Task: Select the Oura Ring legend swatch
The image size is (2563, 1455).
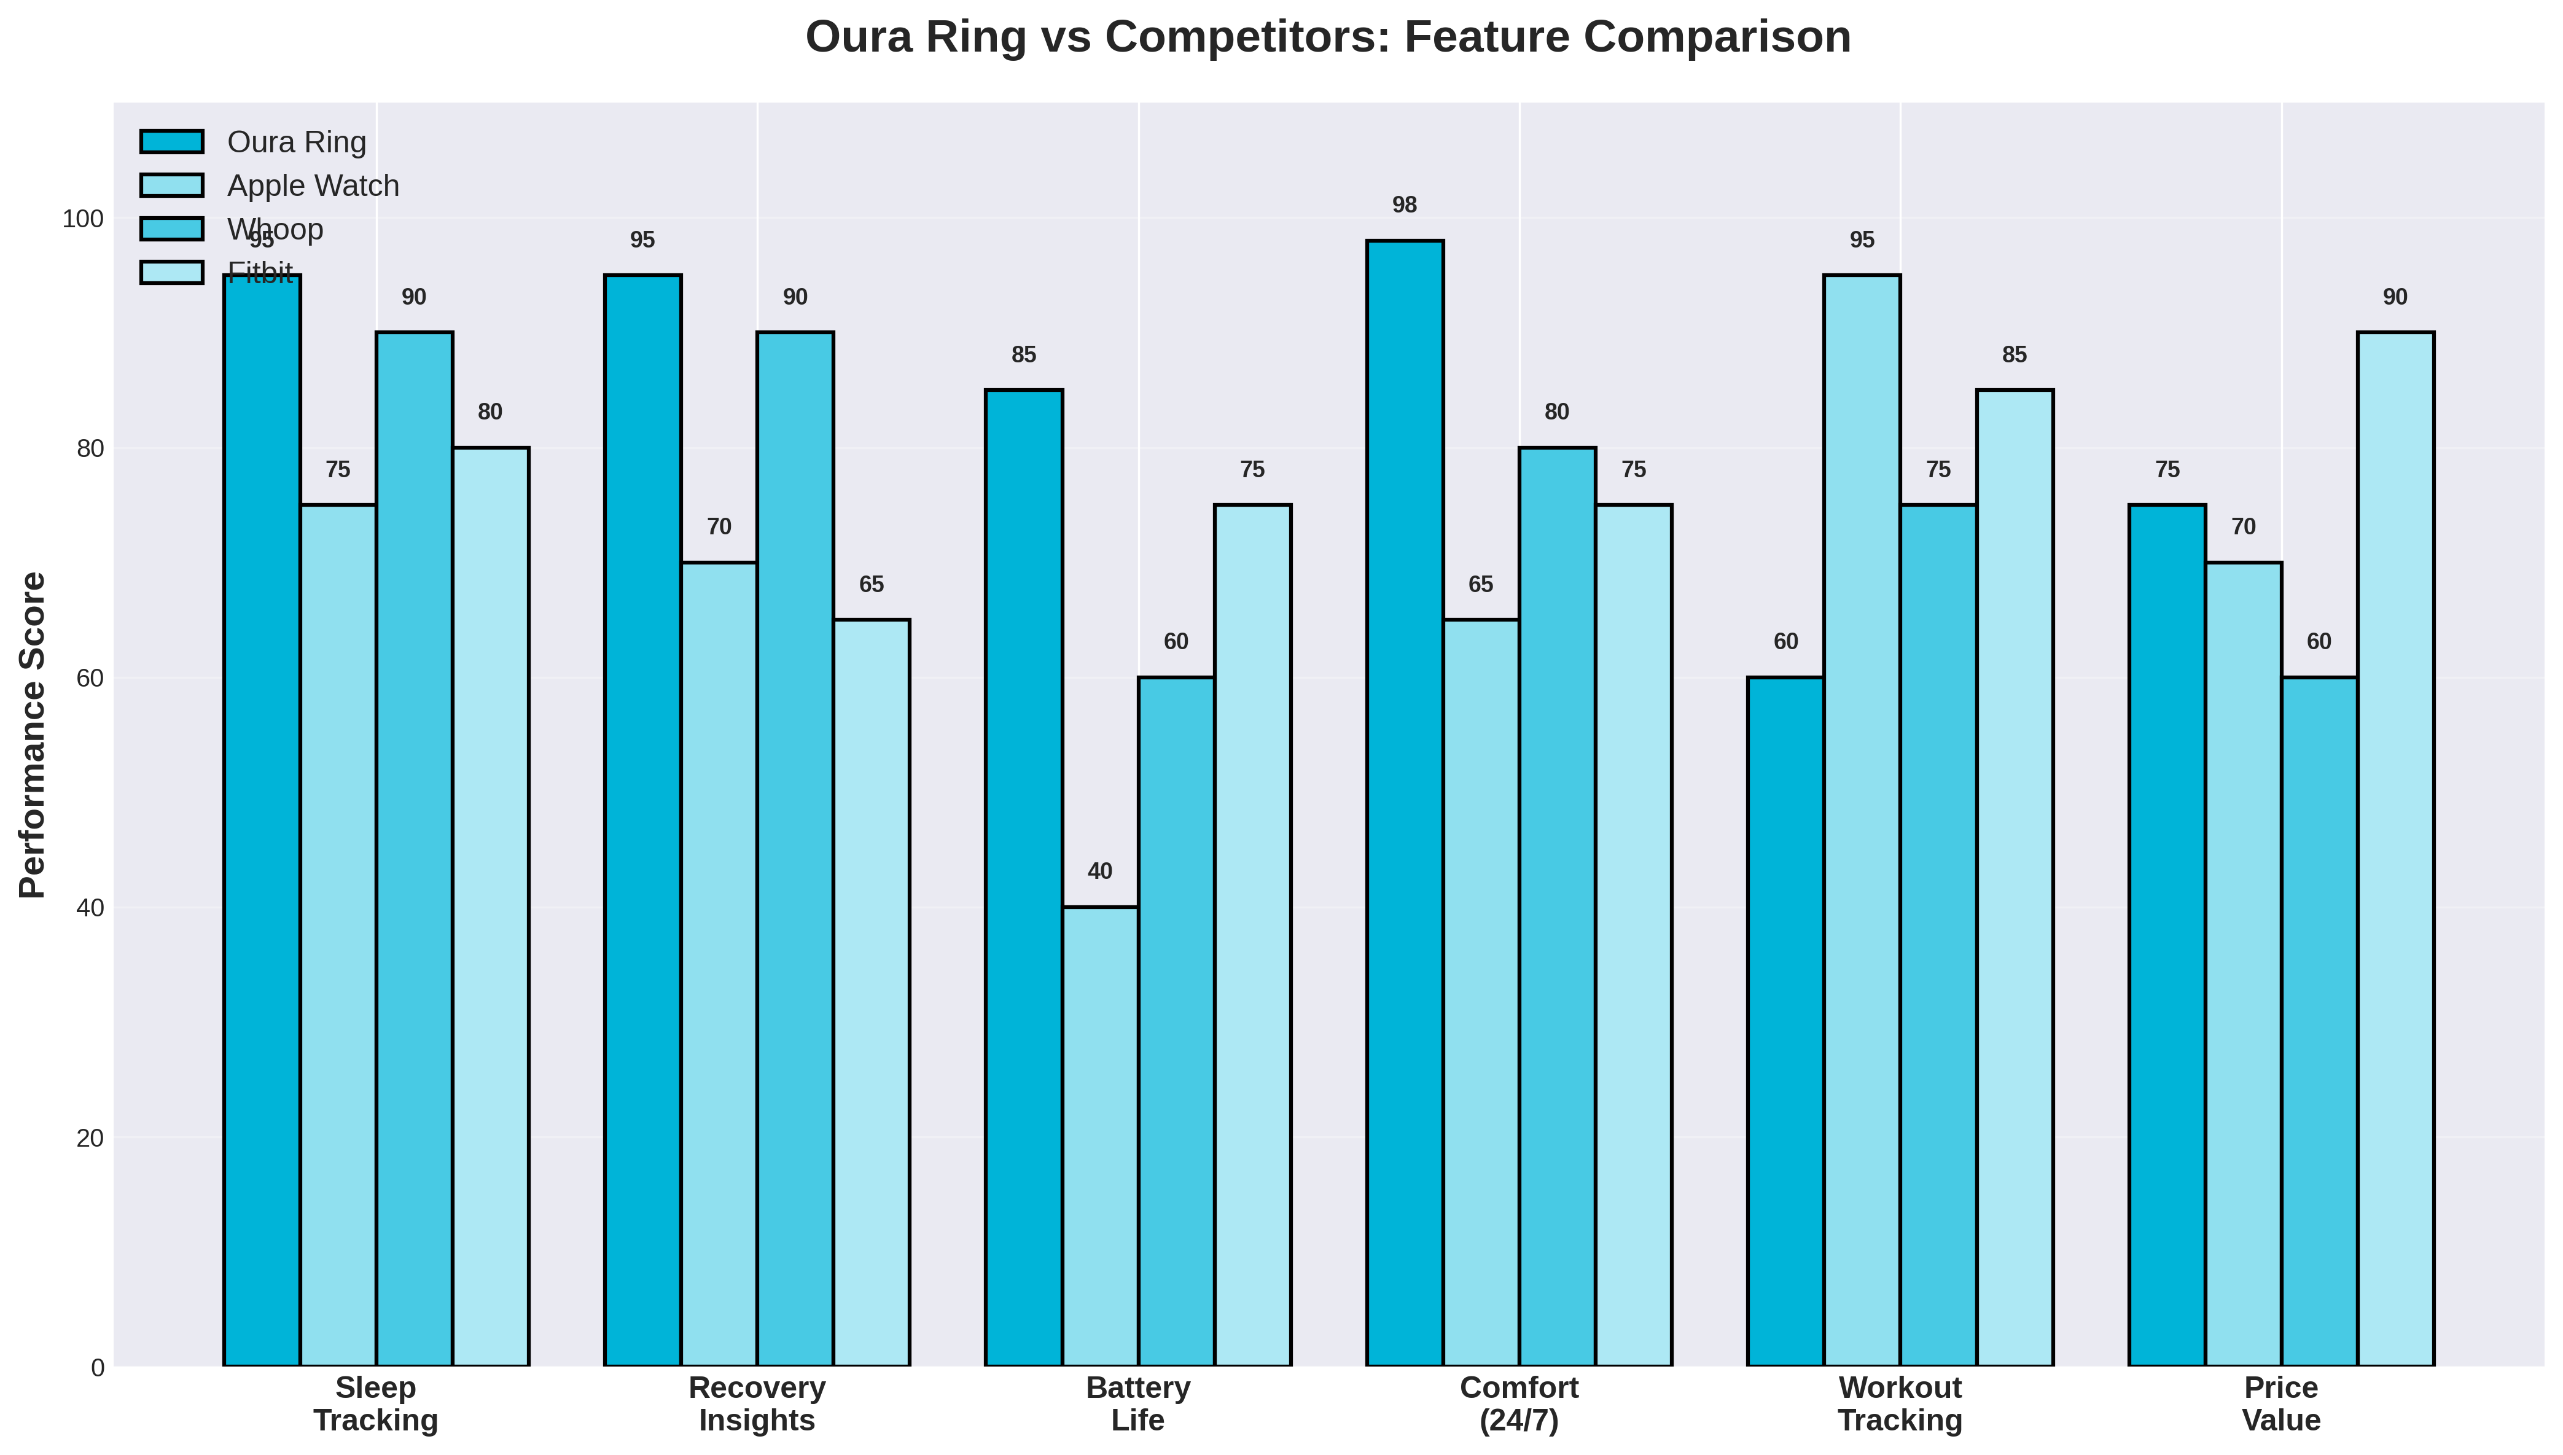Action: [x=172, y=142]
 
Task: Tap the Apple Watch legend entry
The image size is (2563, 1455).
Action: [x=312, y=186]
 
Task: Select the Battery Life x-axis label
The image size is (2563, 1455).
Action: [x=1138, y=1403]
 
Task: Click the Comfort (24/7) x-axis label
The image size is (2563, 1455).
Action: [x=1519, y=1403]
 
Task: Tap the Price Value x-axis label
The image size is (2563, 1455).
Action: [x=2280, y=1403]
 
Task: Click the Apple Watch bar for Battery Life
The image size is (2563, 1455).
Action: [x=1100, y=1136]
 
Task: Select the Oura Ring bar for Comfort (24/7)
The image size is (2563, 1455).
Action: [x=1405, y=803]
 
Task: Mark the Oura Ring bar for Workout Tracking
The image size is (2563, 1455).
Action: [x=1785, y=1021]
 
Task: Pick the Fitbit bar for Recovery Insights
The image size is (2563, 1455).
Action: [x=872, y=993]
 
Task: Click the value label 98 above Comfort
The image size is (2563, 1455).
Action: [x=1404, y=206]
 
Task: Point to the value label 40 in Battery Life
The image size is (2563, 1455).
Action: [x=1099, y=872]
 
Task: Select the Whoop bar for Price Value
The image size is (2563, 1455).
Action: [x=2319, y=1021]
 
